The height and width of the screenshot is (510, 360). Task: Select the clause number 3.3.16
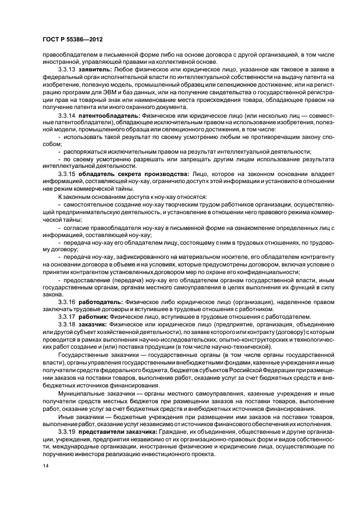pyautogui.click(x=68, y=301)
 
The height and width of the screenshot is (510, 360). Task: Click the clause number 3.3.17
pyautogui.click(x=68, y=316)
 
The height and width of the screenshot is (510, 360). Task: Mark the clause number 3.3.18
pyautogui.click(x=68, y=324)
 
